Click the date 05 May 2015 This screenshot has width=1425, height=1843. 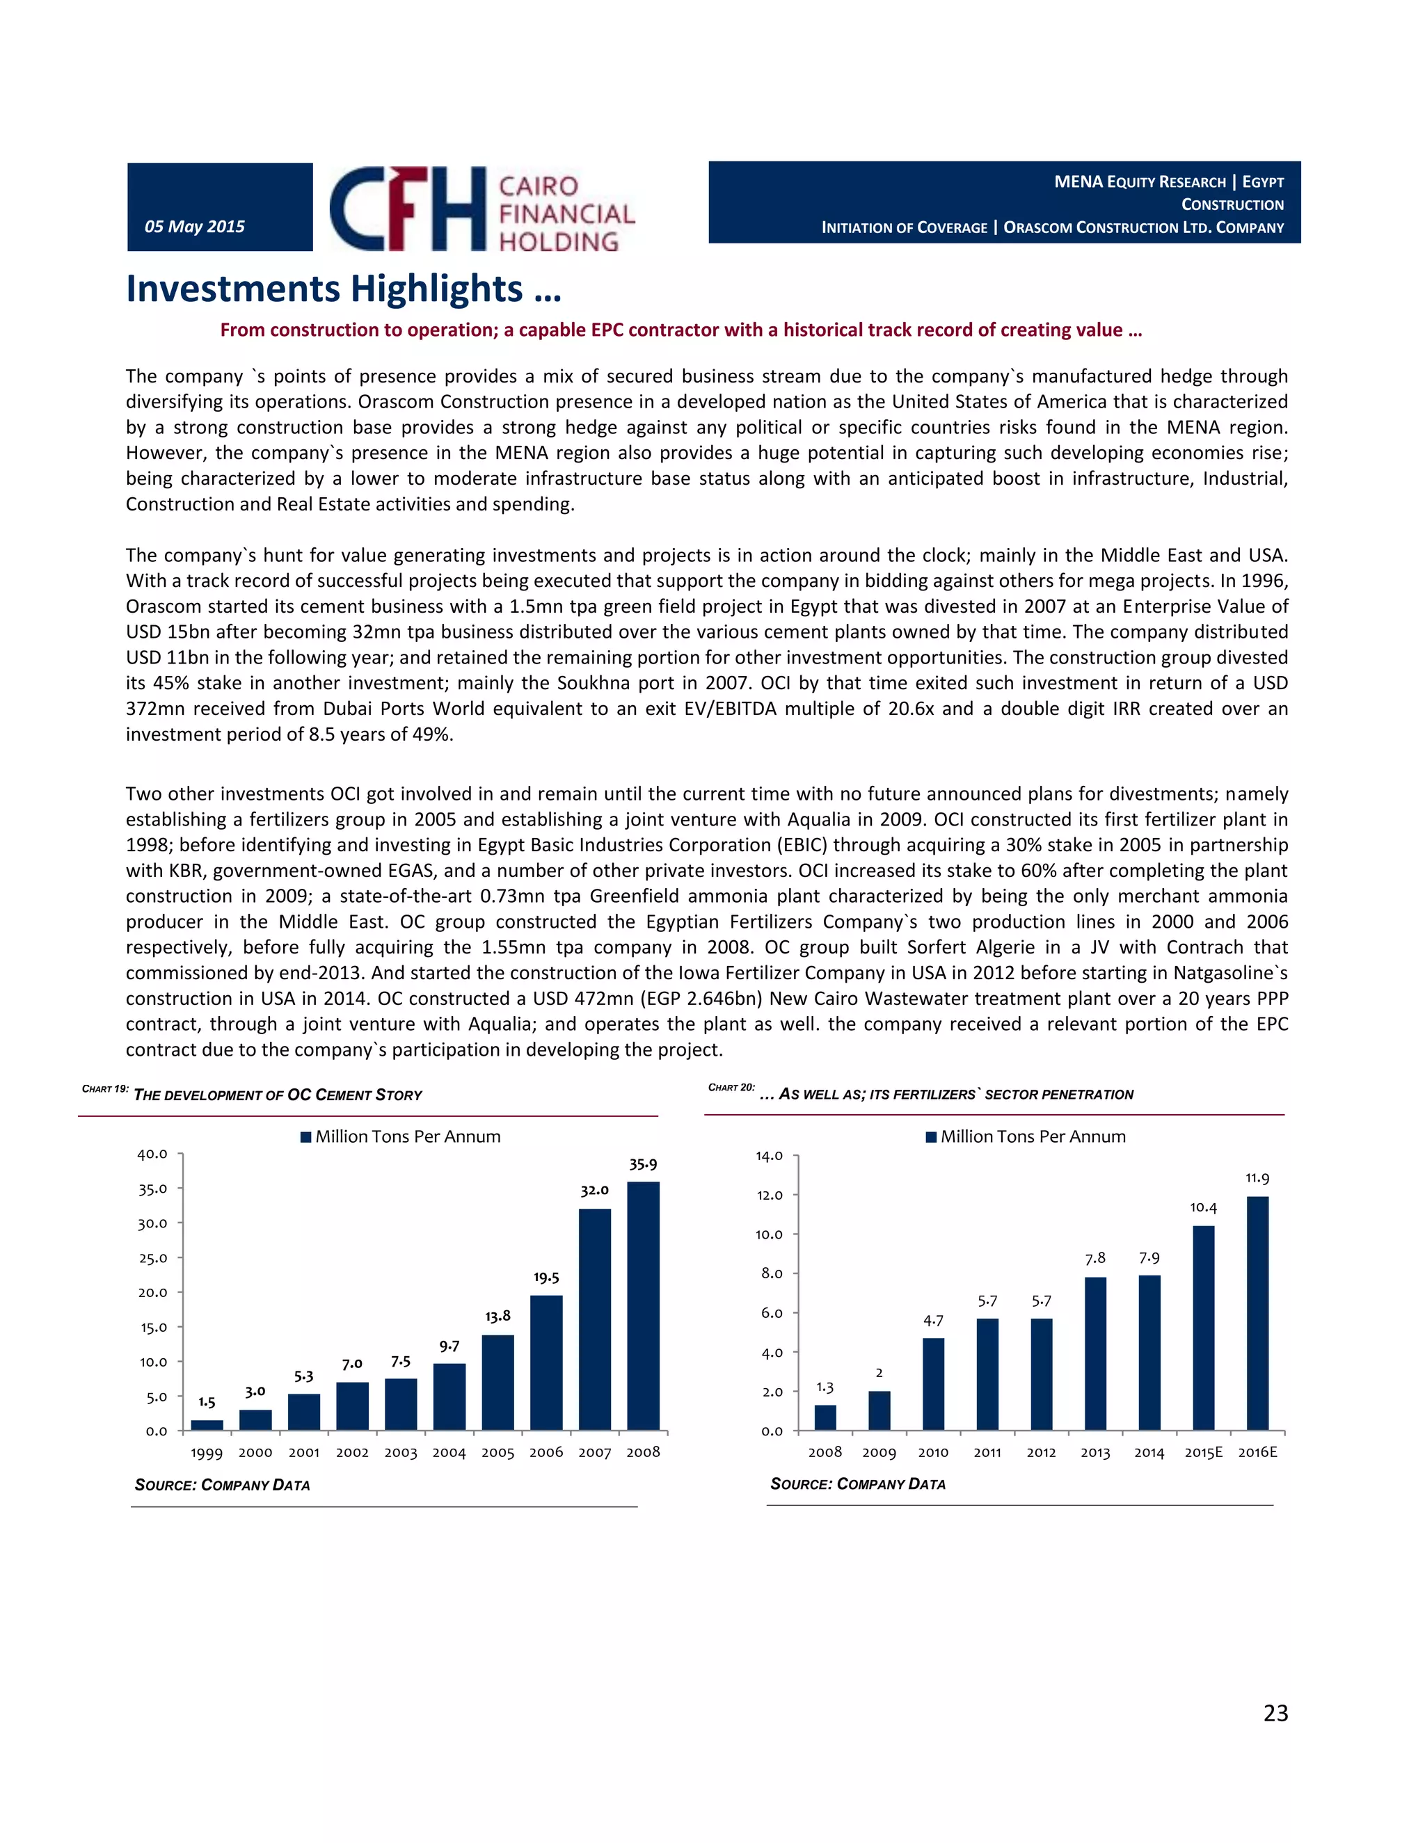195,226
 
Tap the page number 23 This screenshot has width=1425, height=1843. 1275,1712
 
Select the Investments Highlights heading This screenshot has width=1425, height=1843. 344,289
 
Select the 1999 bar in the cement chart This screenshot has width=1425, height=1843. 207,1425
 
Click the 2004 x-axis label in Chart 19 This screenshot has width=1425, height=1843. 449,1452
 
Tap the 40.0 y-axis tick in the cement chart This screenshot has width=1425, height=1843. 153,1154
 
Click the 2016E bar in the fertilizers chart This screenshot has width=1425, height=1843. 1257,1313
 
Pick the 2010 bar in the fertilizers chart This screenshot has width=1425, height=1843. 933,1384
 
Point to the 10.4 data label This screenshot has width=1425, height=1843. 1203,1207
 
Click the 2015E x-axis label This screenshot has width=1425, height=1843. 1203,1452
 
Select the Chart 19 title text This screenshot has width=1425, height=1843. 278,1095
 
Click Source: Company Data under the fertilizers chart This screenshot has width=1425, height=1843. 858,1483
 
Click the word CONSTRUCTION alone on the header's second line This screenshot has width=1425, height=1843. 1232,205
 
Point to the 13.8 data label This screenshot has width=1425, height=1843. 497,1316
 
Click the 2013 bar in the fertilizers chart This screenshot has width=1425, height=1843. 1095,1353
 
